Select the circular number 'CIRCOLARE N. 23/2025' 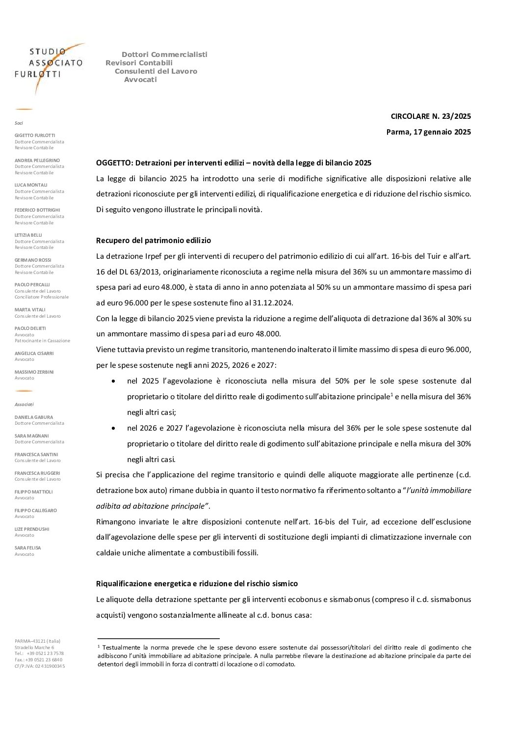point(430,116)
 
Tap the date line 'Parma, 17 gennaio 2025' point(428,132)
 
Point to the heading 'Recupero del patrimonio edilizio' point(154,241)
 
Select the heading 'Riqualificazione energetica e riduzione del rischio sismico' point(197,584)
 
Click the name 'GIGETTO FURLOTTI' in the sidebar point(35,135)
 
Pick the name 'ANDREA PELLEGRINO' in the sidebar point(37,160)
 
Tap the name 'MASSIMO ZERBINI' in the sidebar point(34,372)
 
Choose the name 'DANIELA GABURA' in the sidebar point(34,417)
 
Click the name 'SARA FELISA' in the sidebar point(28,547)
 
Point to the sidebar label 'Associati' point(24,404)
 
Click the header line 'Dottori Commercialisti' point(164,54)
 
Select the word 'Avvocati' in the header point(140,80)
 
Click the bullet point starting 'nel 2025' point(114,381)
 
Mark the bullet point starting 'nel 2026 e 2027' point(114,428)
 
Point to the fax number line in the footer point(38,659)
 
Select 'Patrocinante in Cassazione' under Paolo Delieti point(42,341)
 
